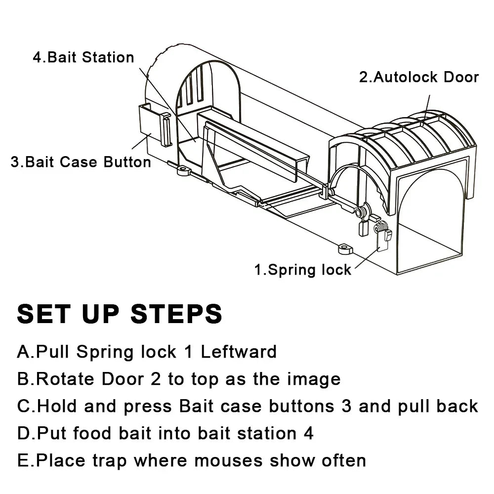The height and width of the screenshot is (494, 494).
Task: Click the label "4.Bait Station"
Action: (83, 57)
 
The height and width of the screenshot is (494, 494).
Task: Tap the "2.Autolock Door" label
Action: (418, 77)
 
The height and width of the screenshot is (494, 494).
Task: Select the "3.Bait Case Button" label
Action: (81, 162)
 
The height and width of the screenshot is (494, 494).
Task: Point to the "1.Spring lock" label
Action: (302, 270)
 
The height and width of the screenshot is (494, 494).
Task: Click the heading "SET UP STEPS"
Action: (120, 314)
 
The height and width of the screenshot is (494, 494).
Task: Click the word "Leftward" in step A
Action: (239, 352)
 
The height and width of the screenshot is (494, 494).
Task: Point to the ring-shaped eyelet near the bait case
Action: (184, 170)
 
